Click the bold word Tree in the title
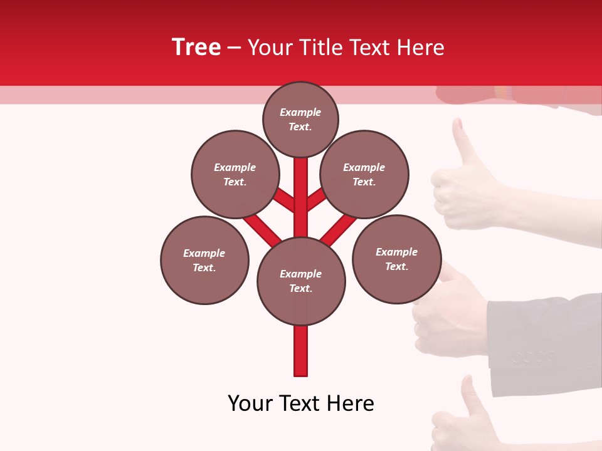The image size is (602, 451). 196,47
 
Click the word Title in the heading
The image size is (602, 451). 320,48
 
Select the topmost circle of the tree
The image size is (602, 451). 300,119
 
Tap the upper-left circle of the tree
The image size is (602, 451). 235,174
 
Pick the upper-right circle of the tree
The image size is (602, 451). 364,174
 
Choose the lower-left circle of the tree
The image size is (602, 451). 204,260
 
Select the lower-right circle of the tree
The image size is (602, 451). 396,259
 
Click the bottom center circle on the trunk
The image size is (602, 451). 301,281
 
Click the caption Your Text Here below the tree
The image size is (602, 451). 301,403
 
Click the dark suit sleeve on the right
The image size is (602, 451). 546,338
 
